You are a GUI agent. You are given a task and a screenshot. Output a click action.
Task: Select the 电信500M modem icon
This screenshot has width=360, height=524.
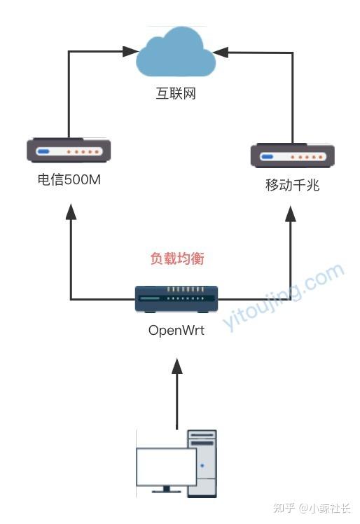tap(69, 150)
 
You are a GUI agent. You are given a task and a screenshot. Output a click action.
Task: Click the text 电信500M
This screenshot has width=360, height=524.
tap(69, 180)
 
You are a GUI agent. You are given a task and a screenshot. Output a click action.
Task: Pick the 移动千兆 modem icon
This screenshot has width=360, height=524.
tap(293, 156)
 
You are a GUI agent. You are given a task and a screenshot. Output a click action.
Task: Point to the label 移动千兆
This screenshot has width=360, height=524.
tap(293, 186)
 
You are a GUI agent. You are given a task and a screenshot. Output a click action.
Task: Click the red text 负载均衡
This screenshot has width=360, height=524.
tap(177, 258)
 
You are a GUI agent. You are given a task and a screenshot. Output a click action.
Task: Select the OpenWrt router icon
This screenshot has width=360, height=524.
tap(176, 299)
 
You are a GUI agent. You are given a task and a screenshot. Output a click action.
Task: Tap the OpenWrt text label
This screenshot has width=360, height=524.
tap(176, 329)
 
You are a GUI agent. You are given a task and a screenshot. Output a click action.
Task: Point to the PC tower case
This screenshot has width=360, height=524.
tap(203, 462)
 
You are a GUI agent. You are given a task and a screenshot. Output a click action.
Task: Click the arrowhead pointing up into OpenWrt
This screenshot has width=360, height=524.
tap(177, 364)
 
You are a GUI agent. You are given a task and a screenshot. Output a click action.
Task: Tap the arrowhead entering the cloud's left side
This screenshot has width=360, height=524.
tap(130, 50)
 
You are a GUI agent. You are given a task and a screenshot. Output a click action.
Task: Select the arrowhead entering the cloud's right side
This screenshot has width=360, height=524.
tap(221, 50)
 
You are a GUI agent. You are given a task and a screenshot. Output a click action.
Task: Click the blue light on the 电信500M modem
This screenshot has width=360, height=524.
tap(43, 151)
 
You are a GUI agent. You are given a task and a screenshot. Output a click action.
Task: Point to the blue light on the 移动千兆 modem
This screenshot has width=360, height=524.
tap(267, 157)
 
